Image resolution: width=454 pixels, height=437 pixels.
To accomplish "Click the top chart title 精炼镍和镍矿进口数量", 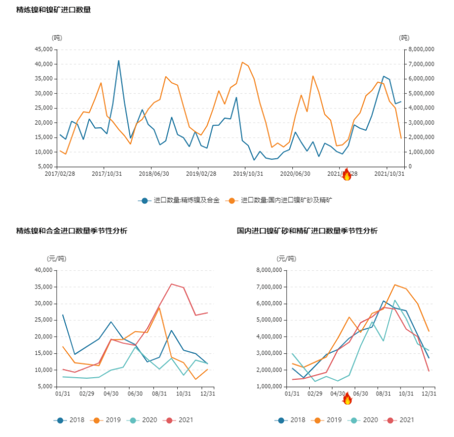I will coord(53,9).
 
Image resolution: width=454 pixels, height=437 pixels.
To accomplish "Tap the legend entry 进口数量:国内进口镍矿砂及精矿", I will coord(281,200).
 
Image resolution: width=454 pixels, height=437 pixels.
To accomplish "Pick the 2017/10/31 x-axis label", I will coord(106,174).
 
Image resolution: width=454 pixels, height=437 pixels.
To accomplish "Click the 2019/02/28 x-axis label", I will coord(201,174).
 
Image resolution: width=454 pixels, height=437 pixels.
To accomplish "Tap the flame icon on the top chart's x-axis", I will coord(347,174).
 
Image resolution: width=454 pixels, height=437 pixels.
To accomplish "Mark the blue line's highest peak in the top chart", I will coord(119,61).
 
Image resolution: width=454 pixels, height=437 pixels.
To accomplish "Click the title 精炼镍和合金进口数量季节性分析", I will coord(72,231).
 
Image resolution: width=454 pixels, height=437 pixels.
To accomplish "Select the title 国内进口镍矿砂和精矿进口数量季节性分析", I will coord(307,231).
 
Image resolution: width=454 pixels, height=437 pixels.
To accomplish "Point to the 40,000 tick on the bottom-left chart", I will coord(44,270).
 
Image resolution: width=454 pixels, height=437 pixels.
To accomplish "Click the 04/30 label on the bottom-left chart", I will coord(110,394).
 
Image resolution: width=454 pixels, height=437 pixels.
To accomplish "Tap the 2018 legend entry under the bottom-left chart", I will coord(71,420).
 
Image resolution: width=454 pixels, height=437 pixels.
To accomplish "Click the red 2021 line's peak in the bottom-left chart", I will coord(172,284).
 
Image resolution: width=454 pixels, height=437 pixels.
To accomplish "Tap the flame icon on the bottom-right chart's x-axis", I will coord(347,399).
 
